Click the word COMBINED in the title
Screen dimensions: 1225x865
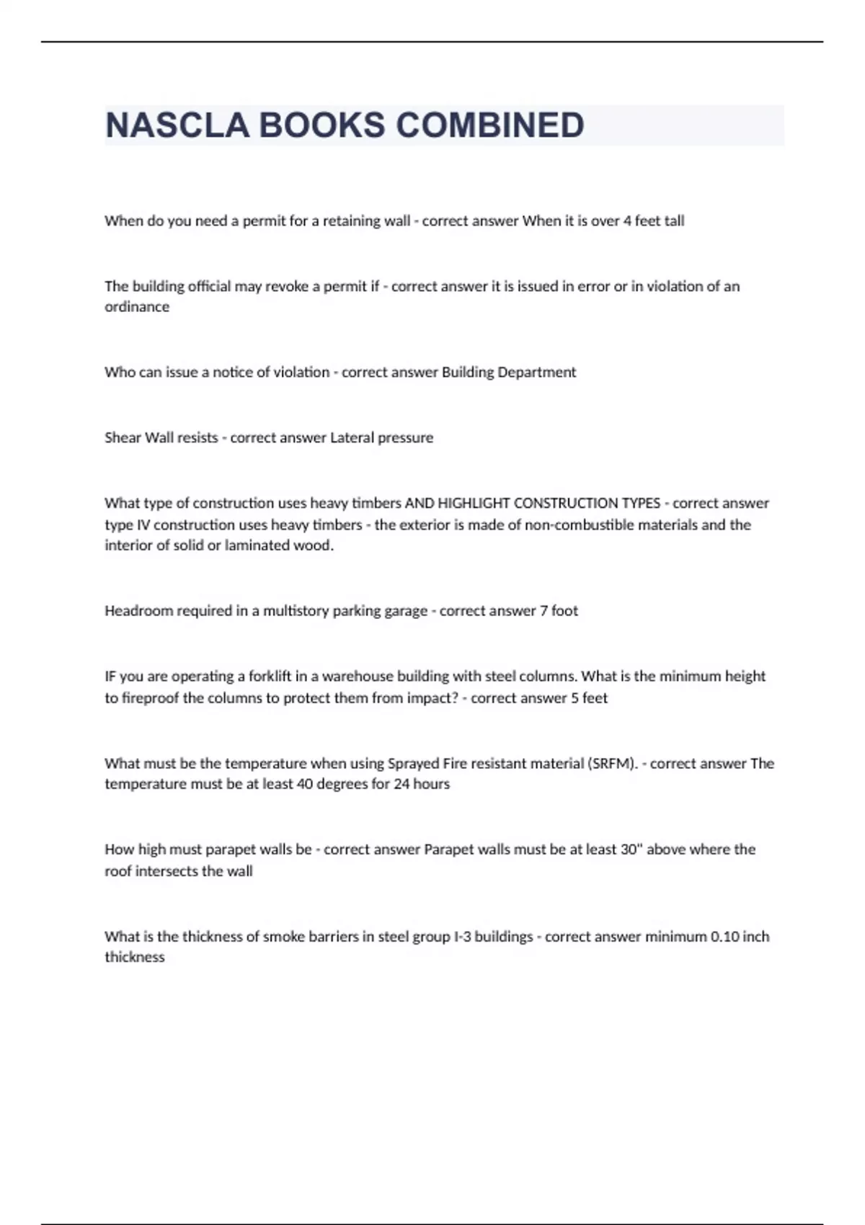pyautogui.click(x=490, y=125)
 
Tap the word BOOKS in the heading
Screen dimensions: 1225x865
pyautogui.click(x=321, y=125)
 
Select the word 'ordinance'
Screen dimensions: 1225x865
pyautogui.click(x=137, y=307)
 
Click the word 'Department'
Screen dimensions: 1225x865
pyautogui.click(x=537, y=373)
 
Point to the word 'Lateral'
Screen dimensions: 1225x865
pyautogui.click(x=352, y=437)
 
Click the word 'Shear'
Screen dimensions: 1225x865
pyautogui.click(x=123, y=437)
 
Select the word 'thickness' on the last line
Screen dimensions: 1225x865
pyautogui.click(x=135, y=958)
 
